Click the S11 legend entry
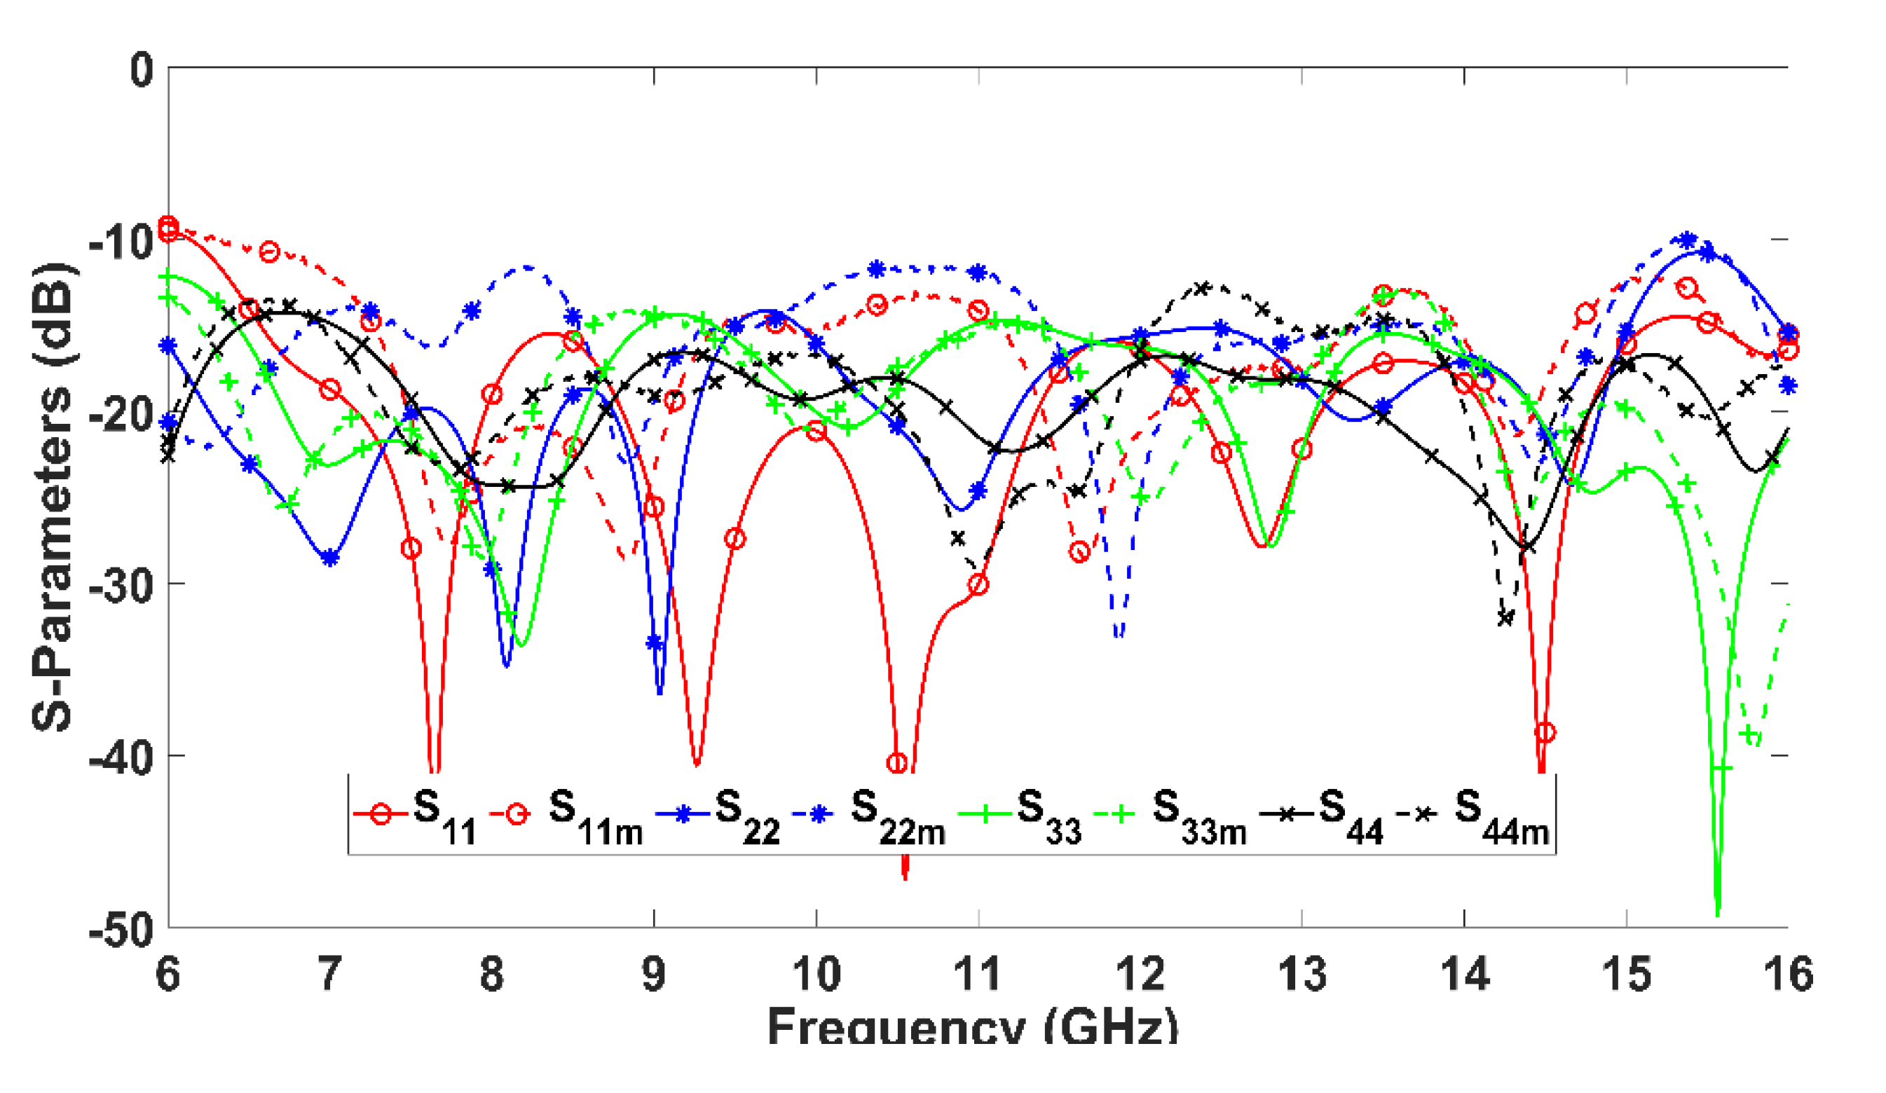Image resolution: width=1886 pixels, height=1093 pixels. pyautogui.click(x=416, y=815)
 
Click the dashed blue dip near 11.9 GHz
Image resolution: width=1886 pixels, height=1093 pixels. pyautogui.click(x=1118, y=636)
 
